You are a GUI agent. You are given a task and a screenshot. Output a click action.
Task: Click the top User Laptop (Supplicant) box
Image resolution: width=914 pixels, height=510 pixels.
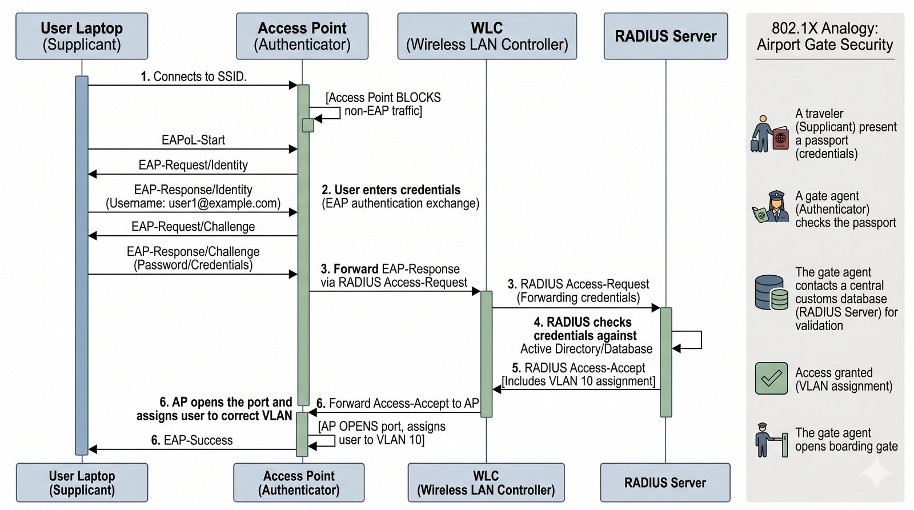(82, 36)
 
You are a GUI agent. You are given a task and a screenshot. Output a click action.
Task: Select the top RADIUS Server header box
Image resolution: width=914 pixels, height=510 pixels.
(666, 36)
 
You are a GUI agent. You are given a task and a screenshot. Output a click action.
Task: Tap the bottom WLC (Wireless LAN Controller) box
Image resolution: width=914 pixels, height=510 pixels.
(486, 483)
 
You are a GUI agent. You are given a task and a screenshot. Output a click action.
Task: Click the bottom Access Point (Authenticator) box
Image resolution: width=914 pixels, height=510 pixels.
(299, 483)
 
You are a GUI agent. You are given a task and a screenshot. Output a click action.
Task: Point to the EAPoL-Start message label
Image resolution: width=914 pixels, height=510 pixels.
(193, 140)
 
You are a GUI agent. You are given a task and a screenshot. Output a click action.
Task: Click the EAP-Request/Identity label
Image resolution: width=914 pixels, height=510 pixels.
(193, 165)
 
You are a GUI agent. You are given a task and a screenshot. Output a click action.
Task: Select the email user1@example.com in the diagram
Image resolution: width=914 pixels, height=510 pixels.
(224, 203)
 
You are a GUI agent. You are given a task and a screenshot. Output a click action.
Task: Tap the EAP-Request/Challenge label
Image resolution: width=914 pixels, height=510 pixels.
(193, 227)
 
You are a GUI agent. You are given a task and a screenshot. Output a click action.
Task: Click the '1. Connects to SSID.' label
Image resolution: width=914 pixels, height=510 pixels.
(194, 77)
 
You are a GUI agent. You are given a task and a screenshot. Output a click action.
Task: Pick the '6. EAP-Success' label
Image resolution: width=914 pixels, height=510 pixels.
(192, 440)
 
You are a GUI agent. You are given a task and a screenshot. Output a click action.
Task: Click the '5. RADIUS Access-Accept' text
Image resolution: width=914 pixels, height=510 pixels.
(579, 368)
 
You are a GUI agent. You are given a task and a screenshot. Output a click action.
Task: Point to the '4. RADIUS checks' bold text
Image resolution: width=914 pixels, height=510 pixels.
(583, 322)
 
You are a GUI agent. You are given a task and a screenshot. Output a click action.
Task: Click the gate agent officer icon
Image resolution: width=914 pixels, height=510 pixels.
(770, 207)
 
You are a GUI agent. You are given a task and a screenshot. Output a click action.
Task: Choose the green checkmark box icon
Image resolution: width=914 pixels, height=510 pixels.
(771, 378)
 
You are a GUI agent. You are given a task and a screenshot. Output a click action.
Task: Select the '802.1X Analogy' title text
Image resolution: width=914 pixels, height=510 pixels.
(825, 28)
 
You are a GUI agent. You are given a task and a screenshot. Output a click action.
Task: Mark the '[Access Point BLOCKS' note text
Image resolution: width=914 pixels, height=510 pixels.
(383, 98)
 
